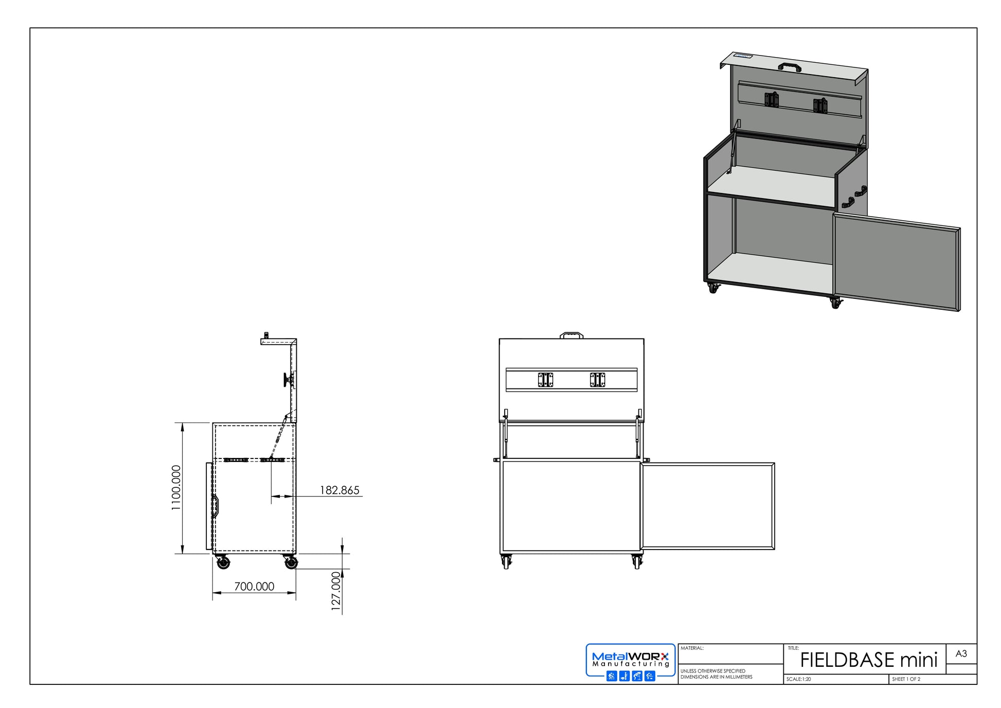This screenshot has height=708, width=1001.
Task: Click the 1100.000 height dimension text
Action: click(176, 488)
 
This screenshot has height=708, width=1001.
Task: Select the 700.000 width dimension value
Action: click(254, 586)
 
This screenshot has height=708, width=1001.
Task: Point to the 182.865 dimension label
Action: click(339, 490)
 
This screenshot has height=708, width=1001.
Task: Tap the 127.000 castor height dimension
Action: click(336, 591)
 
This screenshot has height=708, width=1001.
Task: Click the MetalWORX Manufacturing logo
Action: click(630, 663)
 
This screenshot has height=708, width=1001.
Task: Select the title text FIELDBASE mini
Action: click(868, 660)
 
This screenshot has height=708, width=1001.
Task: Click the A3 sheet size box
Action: click(961, 653)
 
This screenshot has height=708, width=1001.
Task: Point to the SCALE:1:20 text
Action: click(798, 679)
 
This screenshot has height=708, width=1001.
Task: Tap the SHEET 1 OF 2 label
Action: click(906, 679)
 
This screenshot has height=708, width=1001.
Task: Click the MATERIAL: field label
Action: click(692, 648)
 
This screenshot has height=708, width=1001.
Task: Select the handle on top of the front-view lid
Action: click(571, 335)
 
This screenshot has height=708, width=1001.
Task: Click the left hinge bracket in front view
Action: click(545, 380)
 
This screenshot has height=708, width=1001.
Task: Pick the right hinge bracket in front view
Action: click(597, 380)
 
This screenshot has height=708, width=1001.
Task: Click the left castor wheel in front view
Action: click(506, 562)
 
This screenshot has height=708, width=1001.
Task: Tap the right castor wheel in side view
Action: click(291, 562)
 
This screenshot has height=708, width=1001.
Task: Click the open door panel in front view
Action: click(708, 506)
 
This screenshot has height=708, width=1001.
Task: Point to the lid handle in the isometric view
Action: click(790, 66)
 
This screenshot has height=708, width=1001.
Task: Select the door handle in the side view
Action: click(216, 505)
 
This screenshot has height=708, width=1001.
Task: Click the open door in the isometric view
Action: click(896, 263)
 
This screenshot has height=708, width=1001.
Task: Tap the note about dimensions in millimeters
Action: click(716, 674)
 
